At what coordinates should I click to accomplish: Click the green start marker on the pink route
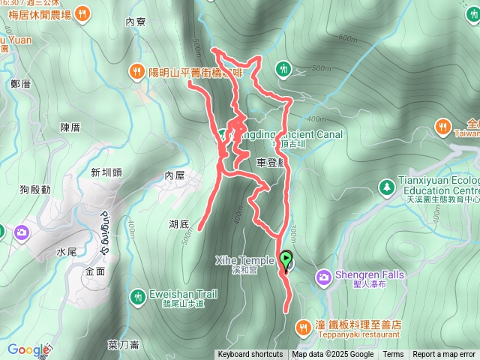[x=286, y=259]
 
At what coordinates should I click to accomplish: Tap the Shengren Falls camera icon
[x=323, y=277]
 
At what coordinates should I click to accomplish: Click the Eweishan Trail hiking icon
[x=136, y=296]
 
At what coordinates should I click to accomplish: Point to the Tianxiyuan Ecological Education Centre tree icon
[x=386, y=185]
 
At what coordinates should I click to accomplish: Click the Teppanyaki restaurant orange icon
[x=303, y=327]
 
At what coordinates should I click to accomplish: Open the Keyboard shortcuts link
[x=250, y=355]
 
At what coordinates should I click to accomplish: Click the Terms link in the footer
[x=393, y=355]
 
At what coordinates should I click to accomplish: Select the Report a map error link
[x=444, y=355]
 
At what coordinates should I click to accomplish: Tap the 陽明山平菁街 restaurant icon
[x=136, y=72]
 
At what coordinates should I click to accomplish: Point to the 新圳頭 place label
[x=106, y=172]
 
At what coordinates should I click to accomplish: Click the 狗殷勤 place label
[x=35, y=189]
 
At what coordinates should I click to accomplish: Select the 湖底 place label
[x=179, y=223]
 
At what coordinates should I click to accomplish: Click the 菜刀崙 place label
[x=123, y=345]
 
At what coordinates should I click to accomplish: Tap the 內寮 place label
[x=135, y=22]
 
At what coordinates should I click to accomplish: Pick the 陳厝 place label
[x=70, y=127]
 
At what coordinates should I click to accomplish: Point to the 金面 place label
[x=95, y=271]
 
